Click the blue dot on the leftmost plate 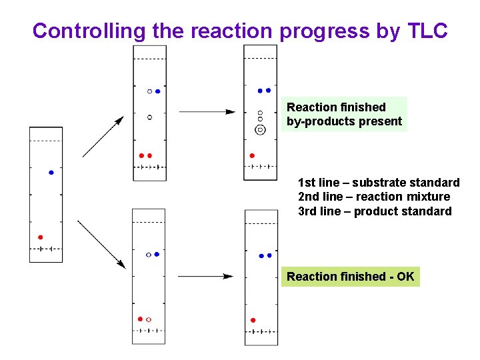(51, 172)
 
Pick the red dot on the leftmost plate (40, 237)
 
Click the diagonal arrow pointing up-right (103, 137)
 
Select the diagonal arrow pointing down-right (101, 244)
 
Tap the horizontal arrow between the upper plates (207, 111)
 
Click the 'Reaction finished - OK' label (350, 276)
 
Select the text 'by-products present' (344, 121)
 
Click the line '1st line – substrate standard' (379, 182)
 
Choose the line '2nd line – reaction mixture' (374, 197)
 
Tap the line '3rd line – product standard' (375, 211)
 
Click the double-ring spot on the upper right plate (260, 129)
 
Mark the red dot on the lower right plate (253, 320)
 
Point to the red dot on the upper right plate (252, 155)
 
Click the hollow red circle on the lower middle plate (149, 319)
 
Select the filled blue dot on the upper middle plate (157, 91)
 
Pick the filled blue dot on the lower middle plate (157, 254)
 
